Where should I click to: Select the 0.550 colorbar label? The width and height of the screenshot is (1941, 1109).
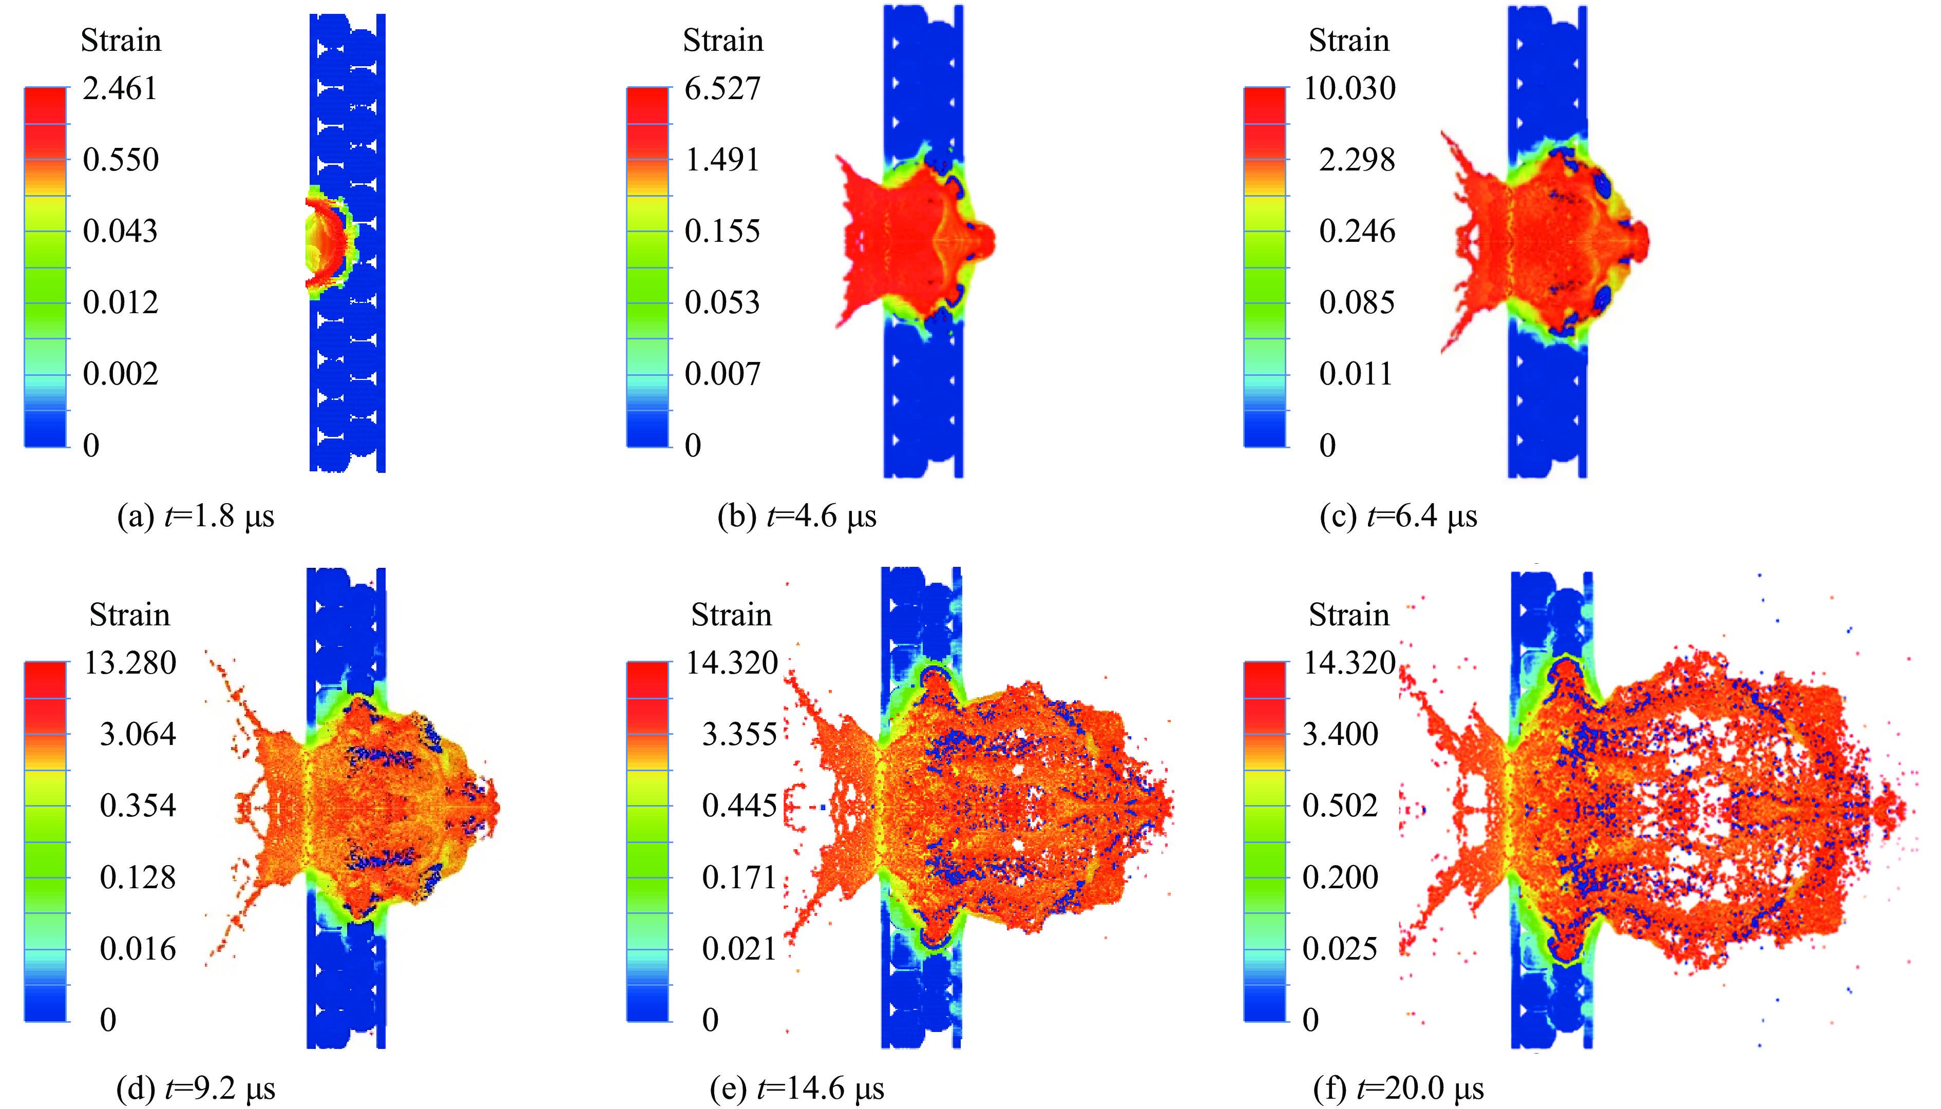(x=120, y=160)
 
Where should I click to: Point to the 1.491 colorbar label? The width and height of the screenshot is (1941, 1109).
(x=722, y=160)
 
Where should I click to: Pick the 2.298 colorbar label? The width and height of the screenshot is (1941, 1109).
(x=1357, y=160)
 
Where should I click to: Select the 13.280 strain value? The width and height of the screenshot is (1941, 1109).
(x=129, y=663)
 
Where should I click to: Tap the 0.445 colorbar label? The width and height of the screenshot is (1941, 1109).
(x=739, y=806)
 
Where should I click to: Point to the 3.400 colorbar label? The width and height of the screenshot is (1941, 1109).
(x=1340, y=734)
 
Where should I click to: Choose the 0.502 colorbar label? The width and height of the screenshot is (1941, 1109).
(x=1340, y=806)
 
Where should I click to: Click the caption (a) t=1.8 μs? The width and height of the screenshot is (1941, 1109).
(x=195, y=517)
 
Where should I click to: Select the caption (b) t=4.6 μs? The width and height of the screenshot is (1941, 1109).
(x=797, y=517)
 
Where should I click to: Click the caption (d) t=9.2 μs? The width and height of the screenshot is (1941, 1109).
(x=195, y=1088)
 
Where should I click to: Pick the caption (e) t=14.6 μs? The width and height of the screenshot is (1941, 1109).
(x=797, y=1088)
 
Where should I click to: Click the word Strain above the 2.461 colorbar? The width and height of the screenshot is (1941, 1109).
(x=121, y=41)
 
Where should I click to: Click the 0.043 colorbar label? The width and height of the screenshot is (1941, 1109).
(x=120, y=232)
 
